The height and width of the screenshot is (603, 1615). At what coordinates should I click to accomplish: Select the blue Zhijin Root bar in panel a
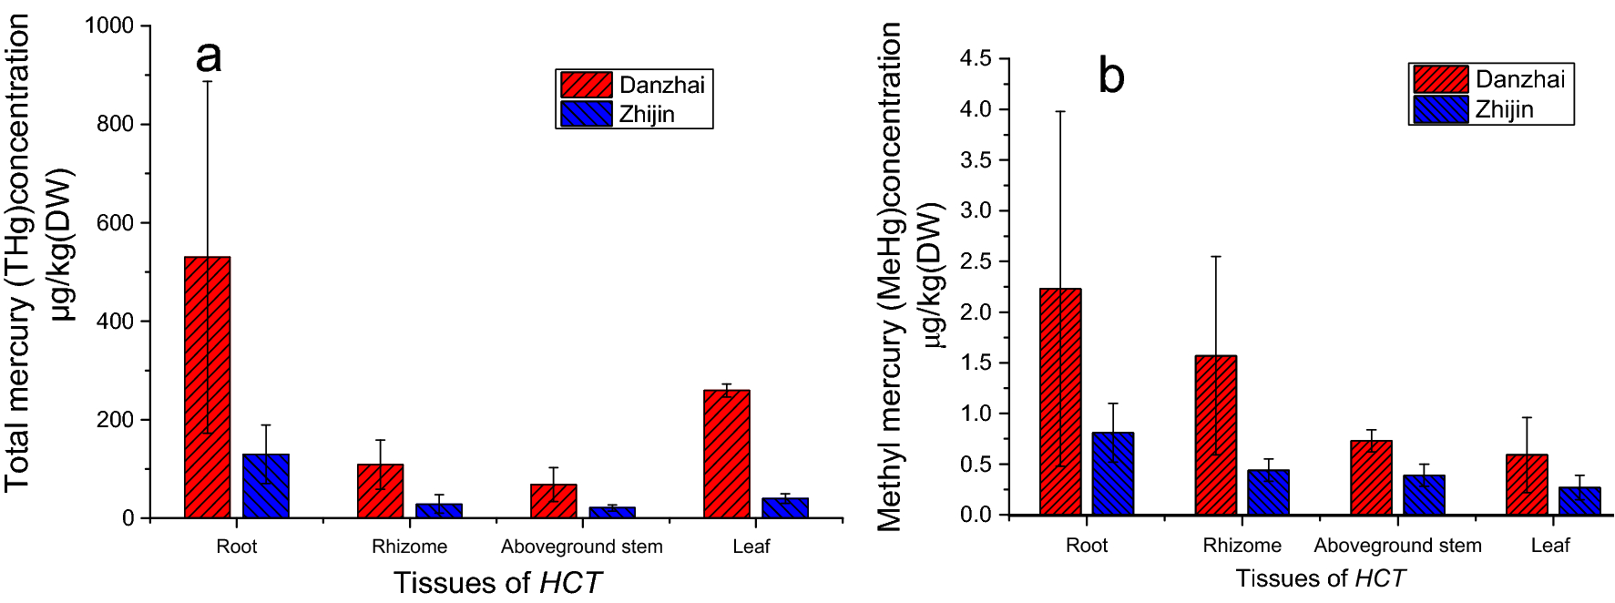point(266,486)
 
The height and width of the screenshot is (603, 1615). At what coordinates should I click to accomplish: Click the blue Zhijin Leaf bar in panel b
point(1579,501)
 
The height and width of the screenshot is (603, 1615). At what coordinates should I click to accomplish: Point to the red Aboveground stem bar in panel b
point(1371,478)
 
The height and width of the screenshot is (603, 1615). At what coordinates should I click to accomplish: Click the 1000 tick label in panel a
point(109,26)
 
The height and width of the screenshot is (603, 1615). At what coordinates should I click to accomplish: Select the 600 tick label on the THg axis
point(116,223)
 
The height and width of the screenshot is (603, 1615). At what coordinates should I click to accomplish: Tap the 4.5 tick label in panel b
point(976,59)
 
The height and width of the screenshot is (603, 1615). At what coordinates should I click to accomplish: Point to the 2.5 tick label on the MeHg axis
point(976,261)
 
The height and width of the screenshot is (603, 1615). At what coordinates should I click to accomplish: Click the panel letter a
point(209,56)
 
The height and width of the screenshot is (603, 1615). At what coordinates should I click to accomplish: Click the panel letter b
point(1111,76)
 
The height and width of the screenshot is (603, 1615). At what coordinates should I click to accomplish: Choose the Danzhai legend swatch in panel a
point(586,85)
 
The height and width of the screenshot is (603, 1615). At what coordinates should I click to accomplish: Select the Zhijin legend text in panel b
point(1504,109)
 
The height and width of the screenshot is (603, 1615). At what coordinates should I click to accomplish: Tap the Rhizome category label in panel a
point(409,547)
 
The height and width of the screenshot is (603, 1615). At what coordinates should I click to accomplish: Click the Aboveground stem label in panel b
point(1397,546)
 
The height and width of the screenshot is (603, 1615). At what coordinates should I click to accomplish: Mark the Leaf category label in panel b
point(1549,546)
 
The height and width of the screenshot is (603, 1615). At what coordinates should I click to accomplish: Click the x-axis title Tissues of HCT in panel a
point(497,582)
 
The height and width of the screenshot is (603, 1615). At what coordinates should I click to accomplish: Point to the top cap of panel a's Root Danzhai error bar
point(208,82)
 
